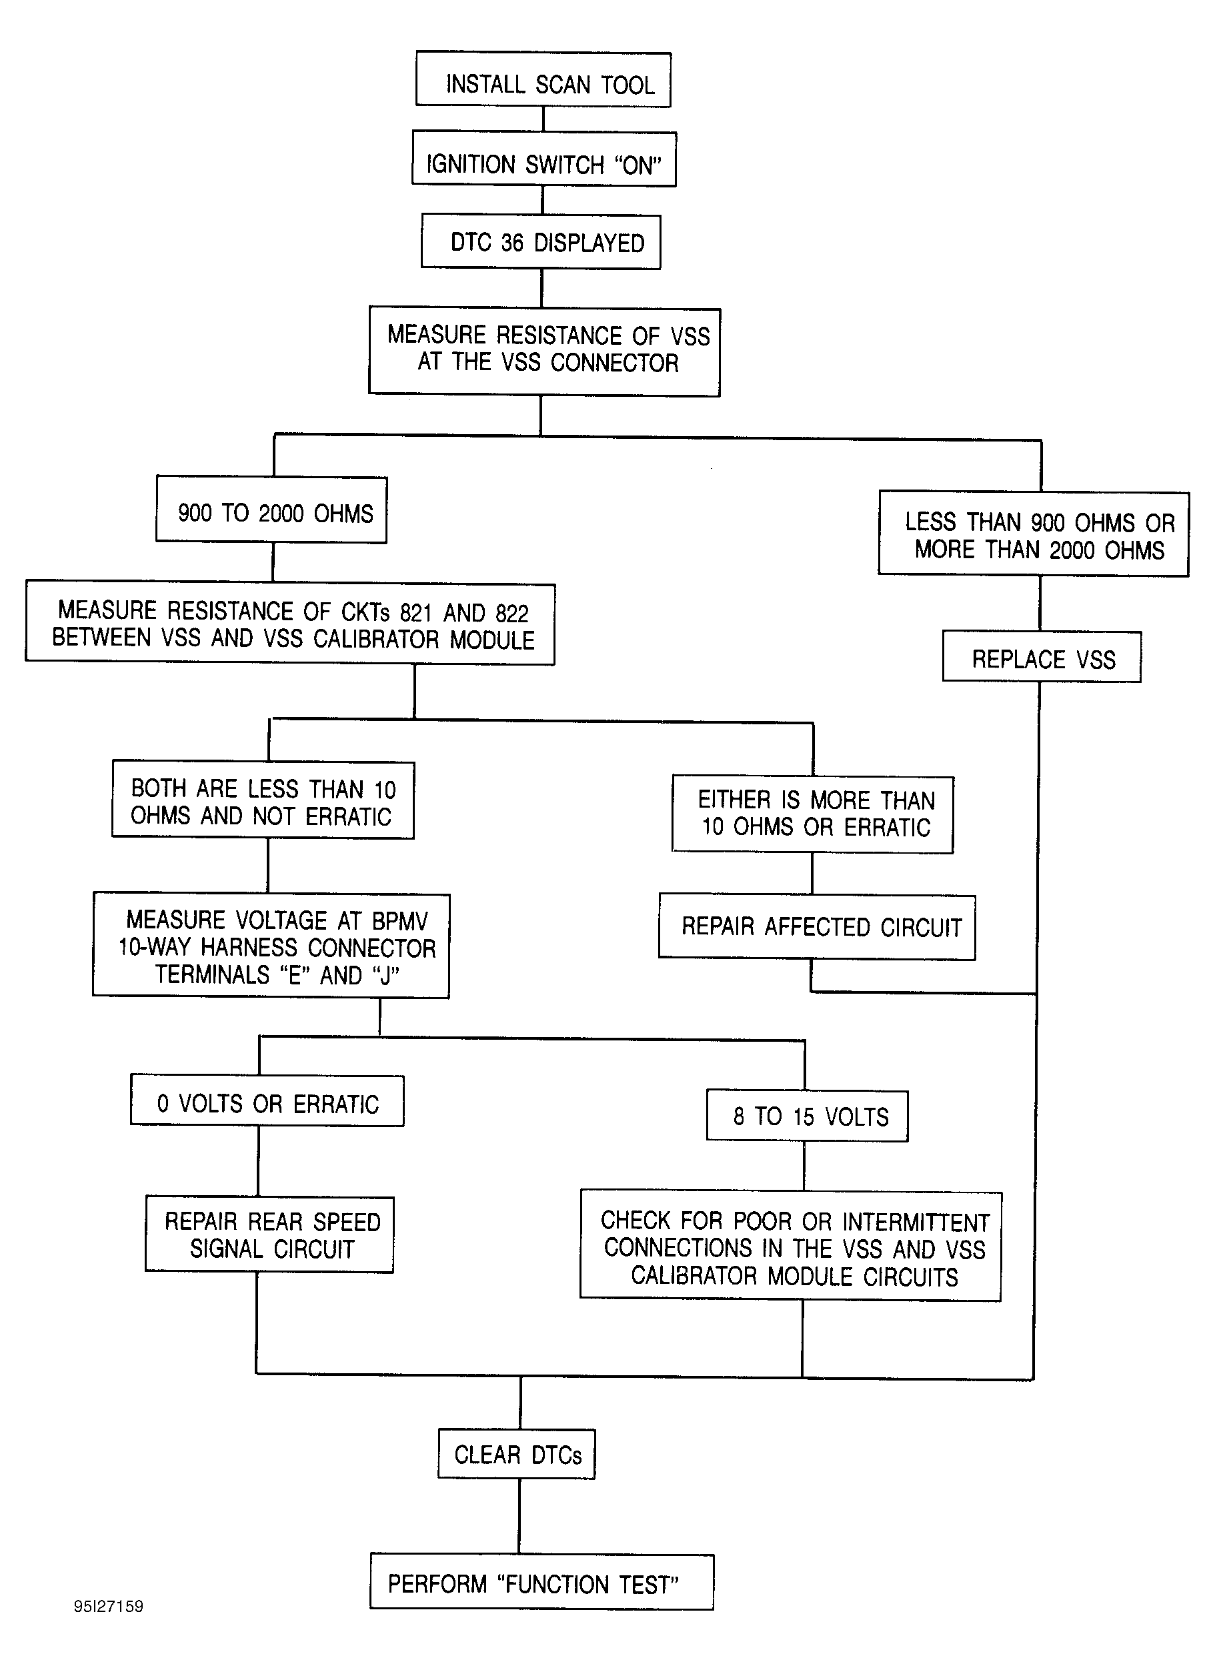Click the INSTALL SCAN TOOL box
tap(543, 79)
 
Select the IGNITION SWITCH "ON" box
tap(543, 159)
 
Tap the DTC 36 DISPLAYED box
tap(541, 242)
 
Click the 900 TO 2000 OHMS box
tap(271, 510)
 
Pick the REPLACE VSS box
tap(1042, 656)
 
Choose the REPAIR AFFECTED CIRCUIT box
tap(817, 926)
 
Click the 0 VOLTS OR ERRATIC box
tap(267, 1101)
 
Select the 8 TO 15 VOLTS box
tap(808, 1116)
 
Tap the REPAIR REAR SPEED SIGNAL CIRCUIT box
tap(269, 1234)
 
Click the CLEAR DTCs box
tap(517, 1454)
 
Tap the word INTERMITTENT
tap(916, 1222)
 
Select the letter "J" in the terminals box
tap(386, 975)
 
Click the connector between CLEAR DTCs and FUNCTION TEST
tap(519, 1517)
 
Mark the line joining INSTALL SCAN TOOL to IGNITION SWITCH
tap(543, 119)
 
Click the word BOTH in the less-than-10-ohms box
tap(159, 788)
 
